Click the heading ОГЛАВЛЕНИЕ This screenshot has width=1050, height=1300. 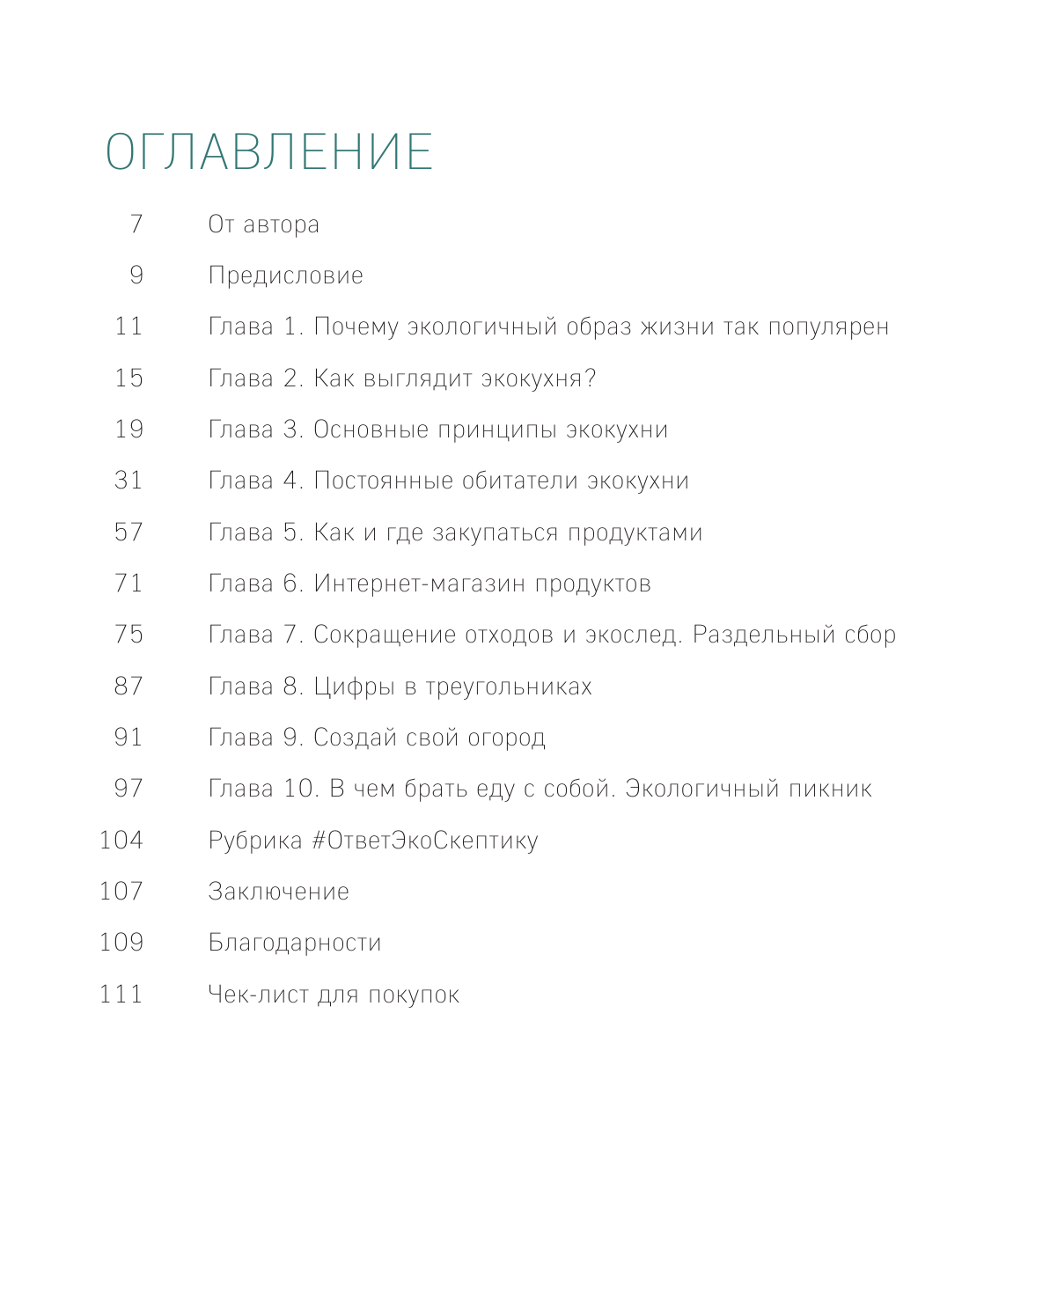269,151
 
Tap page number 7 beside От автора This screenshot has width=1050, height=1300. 136,224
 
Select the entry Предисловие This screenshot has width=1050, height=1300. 285,275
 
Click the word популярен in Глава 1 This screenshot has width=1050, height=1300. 828,327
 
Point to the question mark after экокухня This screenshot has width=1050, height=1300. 590,378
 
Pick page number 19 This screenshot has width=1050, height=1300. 128,430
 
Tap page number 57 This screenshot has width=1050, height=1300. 128,532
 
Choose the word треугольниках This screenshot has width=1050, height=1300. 509,687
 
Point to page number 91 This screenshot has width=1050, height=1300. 128,737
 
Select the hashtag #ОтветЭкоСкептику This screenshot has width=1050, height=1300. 425,841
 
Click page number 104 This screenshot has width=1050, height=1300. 121,840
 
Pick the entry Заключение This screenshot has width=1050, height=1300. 278,892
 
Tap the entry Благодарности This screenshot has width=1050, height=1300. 295,943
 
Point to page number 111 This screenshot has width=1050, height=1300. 121,994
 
